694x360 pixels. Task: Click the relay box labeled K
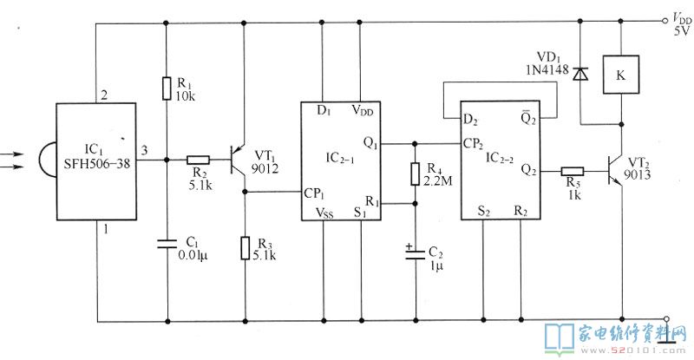[621, 75]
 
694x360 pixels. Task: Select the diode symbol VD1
[580, 74]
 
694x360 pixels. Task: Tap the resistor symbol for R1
[167, 88]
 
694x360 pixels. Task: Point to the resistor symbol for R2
[198, 160]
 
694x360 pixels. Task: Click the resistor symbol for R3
[246, 248]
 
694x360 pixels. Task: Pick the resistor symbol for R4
[415, 173]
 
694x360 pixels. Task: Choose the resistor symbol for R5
[573, 172]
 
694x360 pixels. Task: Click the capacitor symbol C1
[167, 243]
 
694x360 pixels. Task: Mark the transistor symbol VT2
[616, 172]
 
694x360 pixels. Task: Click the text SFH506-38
[97, 164]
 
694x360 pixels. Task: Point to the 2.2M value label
[438, 180]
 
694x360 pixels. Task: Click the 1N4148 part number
[547, 69]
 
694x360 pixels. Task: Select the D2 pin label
[470, 120]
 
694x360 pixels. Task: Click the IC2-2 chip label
[500, 158]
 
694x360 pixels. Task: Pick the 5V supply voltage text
[682, 30]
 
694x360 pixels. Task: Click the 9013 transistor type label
[638, 176]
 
